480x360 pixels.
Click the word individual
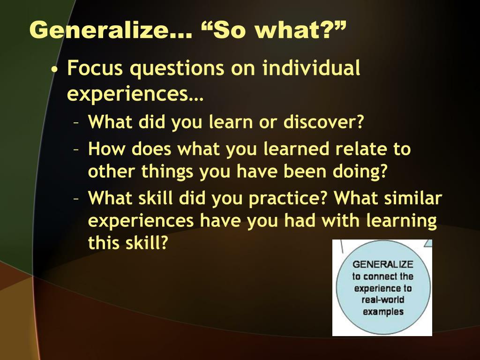click(311, 67)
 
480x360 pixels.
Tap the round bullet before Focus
click(55, 69)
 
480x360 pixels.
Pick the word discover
click(323, 121)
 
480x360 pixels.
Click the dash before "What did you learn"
click(76, 123)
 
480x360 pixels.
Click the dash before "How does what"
click(76, 150)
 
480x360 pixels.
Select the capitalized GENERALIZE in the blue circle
click(382, 264)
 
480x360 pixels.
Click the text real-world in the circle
click(382, 300)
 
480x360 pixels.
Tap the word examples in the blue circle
click(383, 312)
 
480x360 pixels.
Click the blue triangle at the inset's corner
click(428, 243)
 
